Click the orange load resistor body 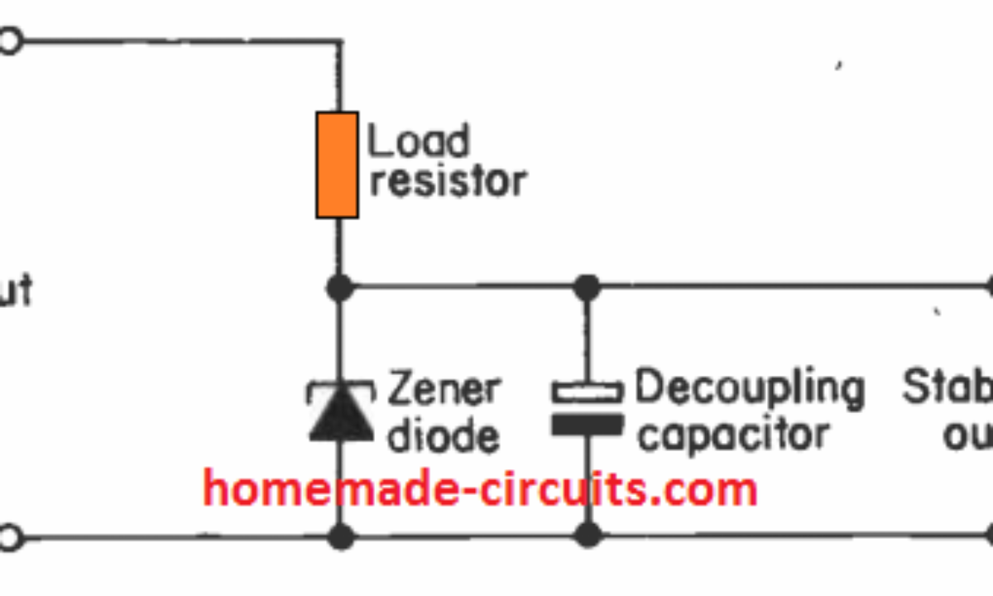pos(338,165)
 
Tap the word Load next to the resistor pos(418,142)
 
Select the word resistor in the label pos(447,180)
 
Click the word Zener pos(444,388)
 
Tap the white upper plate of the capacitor pos(587,392)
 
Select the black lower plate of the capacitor pos(587,425)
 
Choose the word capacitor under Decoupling pos(733,435)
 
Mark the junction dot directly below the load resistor pos(338,288)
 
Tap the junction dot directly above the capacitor pos(587,288)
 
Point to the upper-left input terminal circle pos(8,41)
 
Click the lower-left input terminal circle pos(8,538)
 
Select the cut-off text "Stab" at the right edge pos(947,388)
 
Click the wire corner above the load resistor pos(338,41)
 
